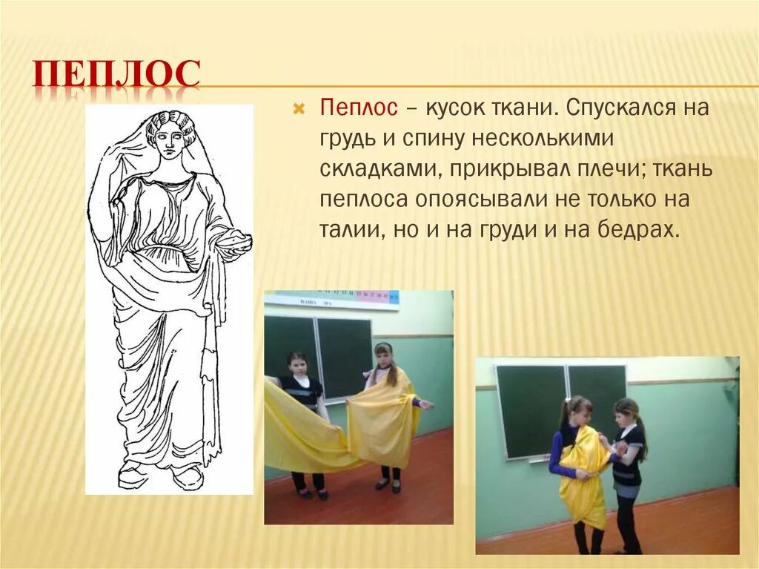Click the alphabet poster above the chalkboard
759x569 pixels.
(334, 300)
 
